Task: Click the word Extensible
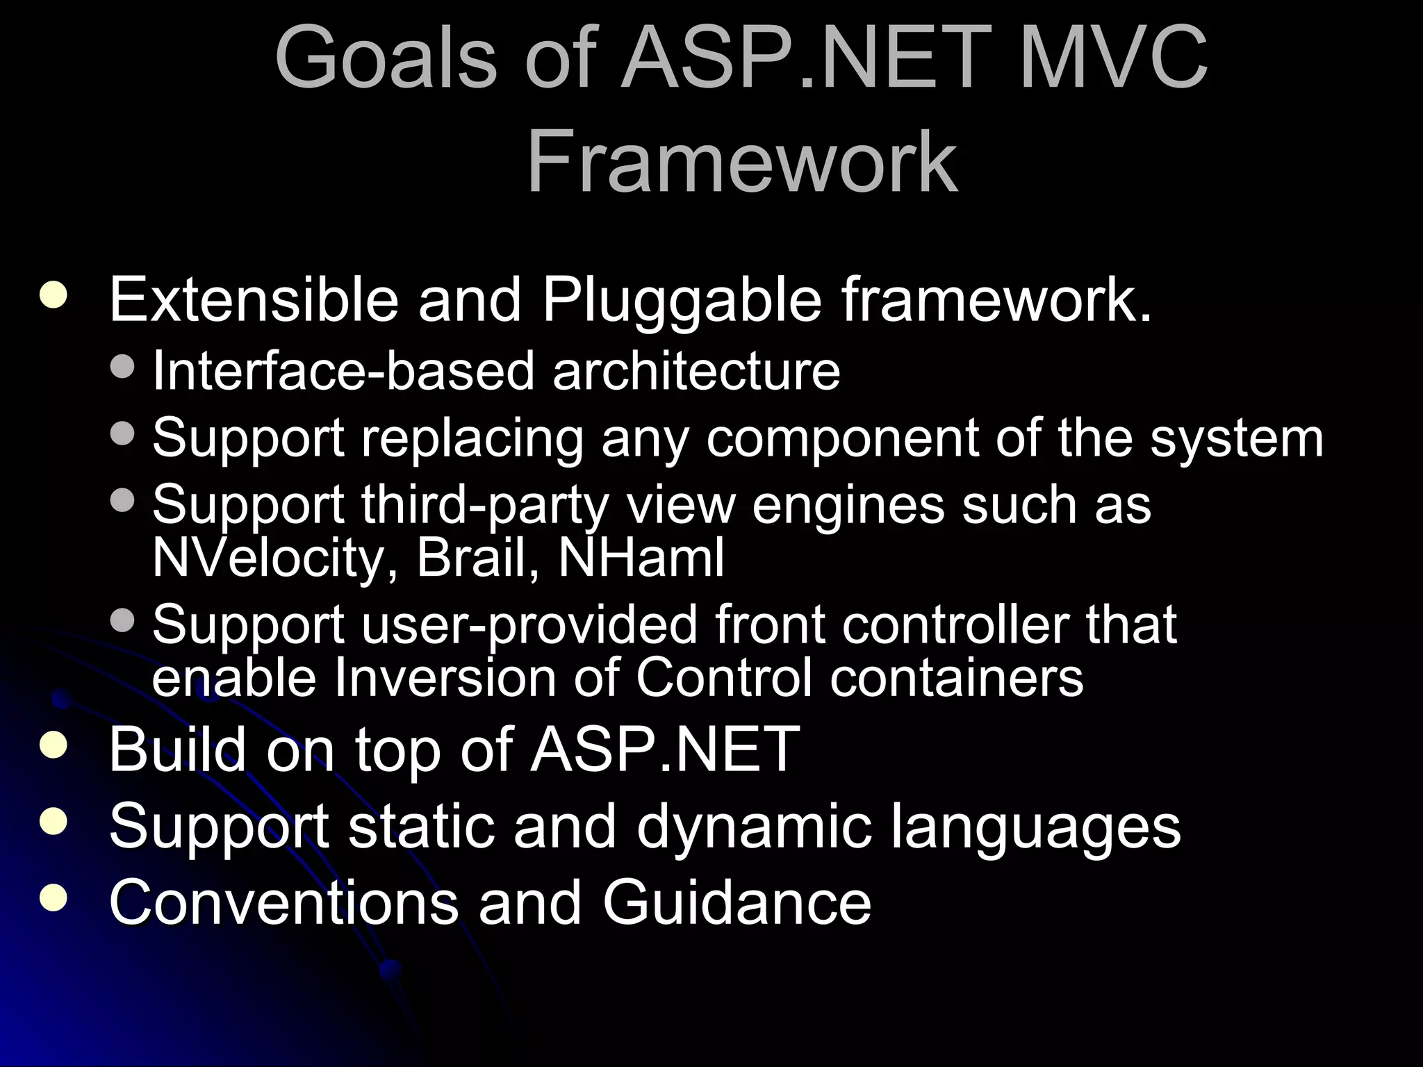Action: [254, 300]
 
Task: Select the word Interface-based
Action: [344, 370]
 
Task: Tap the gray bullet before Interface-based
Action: [123, 366]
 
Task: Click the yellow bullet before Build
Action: [54, 745]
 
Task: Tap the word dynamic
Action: [754, 827]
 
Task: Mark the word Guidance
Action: [736, 902]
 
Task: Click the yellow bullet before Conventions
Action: [54, 898]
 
